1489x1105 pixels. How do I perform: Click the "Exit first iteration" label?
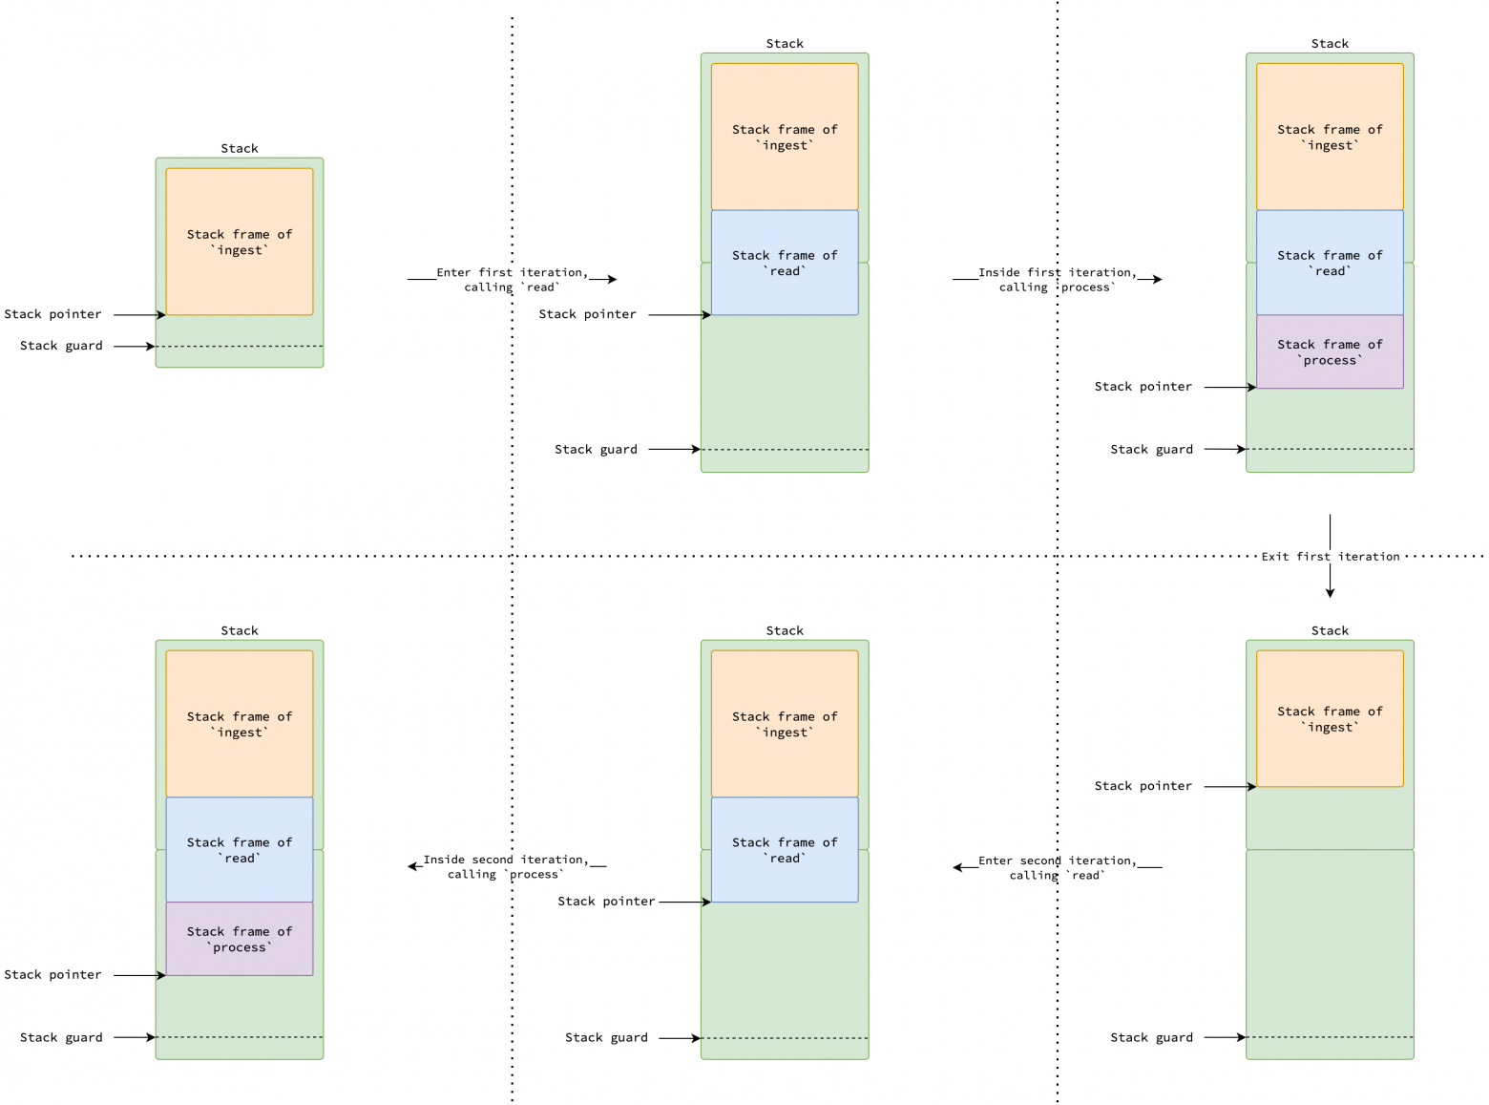(1330, 557)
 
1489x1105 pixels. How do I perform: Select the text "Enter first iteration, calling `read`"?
(512, 280)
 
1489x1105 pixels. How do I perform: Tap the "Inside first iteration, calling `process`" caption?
(1057, 280)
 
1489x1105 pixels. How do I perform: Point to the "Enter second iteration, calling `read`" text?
(1057, 867)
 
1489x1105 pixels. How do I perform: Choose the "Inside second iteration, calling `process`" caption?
(506, 866)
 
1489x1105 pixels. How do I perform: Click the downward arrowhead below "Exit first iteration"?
(1330, 593)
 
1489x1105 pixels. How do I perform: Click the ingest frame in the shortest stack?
(240, 242)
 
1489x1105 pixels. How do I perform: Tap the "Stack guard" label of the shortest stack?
(61, 346)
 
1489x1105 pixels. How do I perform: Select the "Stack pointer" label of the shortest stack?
(52, 314)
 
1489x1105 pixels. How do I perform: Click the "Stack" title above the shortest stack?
(240, 148)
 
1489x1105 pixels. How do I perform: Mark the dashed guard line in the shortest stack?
(240, 346)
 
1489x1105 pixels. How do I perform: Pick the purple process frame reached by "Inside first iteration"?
(1330, 351)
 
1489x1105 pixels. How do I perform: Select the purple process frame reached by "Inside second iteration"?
(240, 939)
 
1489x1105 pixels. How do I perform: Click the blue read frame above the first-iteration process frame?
(1330, 263)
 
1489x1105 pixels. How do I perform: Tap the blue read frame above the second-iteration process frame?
(240, 850)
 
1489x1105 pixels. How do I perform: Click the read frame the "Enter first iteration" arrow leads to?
(785, 263)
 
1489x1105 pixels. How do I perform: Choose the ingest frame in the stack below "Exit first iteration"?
(1330, 719)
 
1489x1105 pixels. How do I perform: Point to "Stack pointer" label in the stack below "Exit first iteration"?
(1143, 786)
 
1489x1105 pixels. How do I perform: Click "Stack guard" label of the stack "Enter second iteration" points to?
(606, 1037)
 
